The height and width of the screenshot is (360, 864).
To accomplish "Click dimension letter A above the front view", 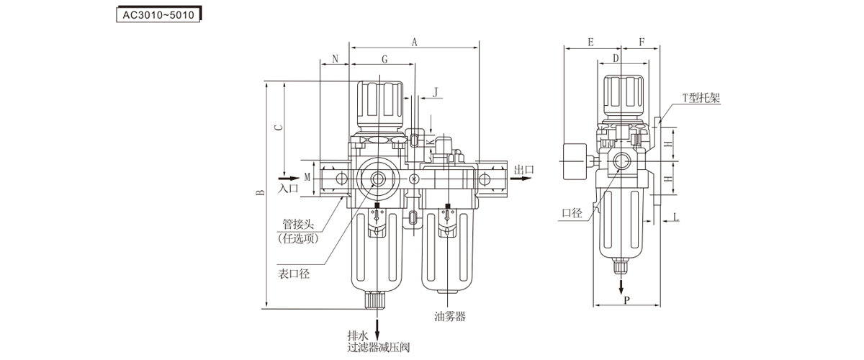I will [x=415, y=42].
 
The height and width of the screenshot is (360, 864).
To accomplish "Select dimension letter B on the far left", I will [x=258, y=193].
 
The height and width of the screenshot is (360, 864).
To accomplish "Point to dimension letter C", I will [x=278, y=127].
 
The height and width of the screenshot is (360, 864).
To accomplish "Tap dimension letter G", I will [x=384, y=58].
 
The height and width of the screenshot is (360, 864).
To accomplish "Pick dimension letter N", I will [x=335, y=58].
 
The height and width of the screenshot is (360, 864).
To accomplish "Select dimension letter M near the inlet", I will [x=307, y=177].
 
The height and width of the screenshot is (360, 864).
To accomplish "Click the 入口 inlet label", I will [x=288, y=189].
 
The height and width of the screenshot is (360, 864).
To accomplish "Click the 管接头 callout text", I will [x=297, y=224].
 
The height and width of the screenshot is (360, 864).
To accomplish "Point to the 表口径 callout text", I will [x=294, y=274].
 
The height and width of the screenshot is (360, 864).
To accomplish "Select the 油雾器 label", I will [x=451, y=316].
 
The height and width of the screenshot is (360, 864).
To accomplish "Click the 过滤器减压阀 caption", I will [x=378, y=348].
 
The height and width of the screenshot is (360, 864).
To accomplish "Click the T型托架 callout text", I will [x=701, y=99].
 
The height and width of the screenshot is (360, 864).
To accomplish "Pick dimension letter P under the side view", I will [x=626, y=300].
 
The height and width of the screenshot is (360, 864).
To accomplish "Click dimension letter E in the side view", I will [x=590, y=42].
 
